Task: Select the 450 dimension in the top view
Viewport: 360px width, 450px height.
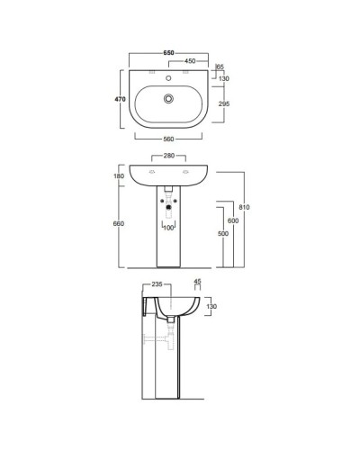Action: click(191, 62)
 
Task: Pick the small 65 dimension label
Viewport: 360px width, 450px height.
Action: click(221, 68)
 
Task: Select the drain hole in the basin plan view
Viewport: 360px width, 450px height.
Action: click(167, 98)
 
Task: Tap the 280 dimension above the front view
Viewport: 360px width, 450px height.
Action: click(168, 157)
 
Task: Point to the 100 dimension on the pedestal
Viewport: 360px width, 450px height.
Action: click(168, 228)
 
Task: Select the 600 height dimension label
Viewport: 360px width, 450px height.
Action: click(232, 221)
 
